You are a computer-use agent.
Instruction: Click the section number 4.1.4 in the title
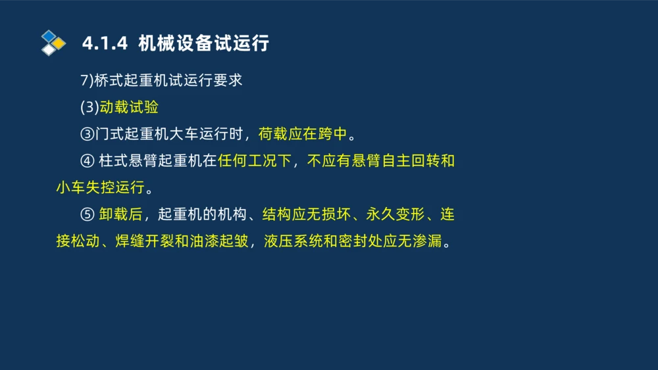104,44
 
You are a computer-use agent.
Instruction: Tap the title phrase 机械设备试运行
204,44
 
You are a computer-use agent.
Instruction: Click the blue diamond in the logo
49,36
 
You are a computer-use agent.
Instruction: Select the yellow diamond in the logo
59,43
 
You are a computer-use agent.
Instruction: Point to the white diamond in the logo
49,50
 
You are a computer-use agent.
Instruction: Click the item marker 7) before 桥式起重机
87,81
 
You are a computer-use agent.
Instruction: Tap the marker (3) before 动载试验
89,108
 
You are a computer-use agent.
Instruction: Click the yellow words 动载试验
129,108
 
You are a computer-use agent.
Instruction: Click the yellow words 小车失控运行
99,188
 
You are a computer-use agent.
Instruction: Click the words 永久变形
396,215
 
